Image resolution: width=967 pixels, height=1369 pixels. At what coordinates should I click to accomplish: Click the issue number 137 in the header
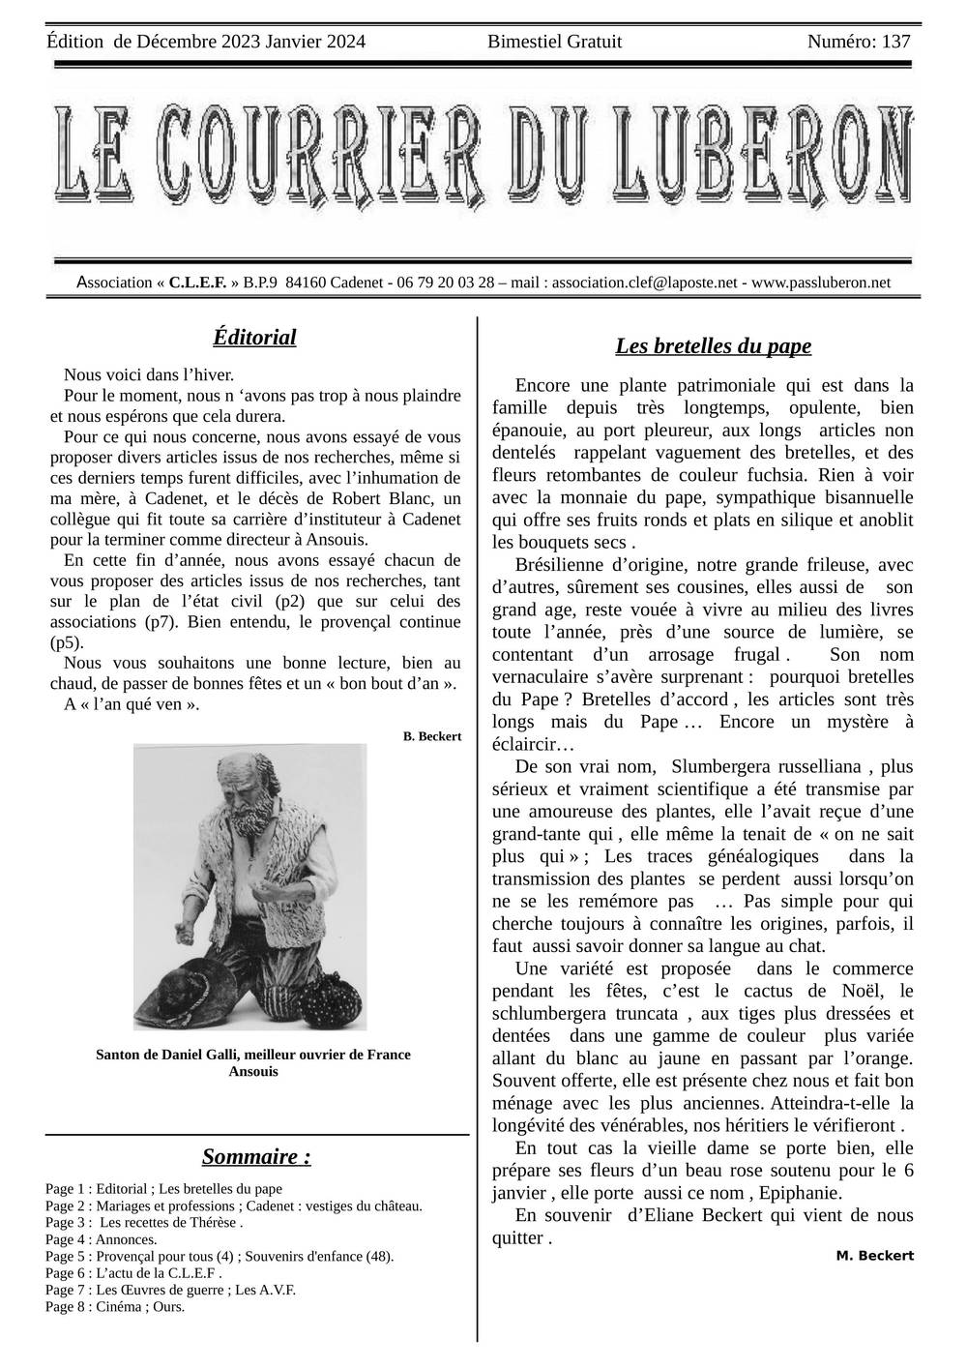click(x=895, y=42)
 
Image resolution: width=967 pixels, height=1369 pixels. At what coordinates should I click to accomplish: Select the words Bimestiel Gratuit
click(x=554, y=42)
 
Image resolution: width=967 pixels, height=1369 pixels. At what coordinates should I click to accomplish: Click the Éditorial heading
click(x=254, y=337)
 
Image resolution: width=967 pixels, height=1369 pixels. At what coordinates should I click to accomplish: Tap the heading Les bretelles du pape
click(x=713, y=345)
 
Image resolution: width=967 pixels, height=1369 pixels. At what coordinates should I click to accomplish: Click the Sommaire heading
click(x=256, y=1156)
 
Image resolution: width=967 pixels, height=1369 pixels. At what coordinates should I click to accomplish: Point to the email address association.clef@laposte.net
click(x=644, y=283)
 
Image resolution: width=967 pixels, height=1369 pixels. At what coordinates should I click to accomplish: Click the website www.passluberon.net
click(x=820, y=283)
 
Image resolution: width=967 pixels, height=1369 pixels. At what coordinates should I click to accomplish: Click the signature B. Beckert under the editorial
click(x=432, y=736)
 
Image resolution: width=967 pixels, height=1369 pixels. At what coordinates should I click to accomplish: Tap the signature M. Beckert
click(x=874, y=1255)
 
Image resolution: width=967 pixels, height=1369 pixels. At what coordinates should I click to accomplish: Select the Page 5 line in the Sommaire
click(x=219, y=1256)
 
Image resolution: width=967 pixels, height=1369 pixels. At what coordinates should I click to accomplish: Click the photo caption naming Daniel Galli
click(x=253, y=1054)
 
